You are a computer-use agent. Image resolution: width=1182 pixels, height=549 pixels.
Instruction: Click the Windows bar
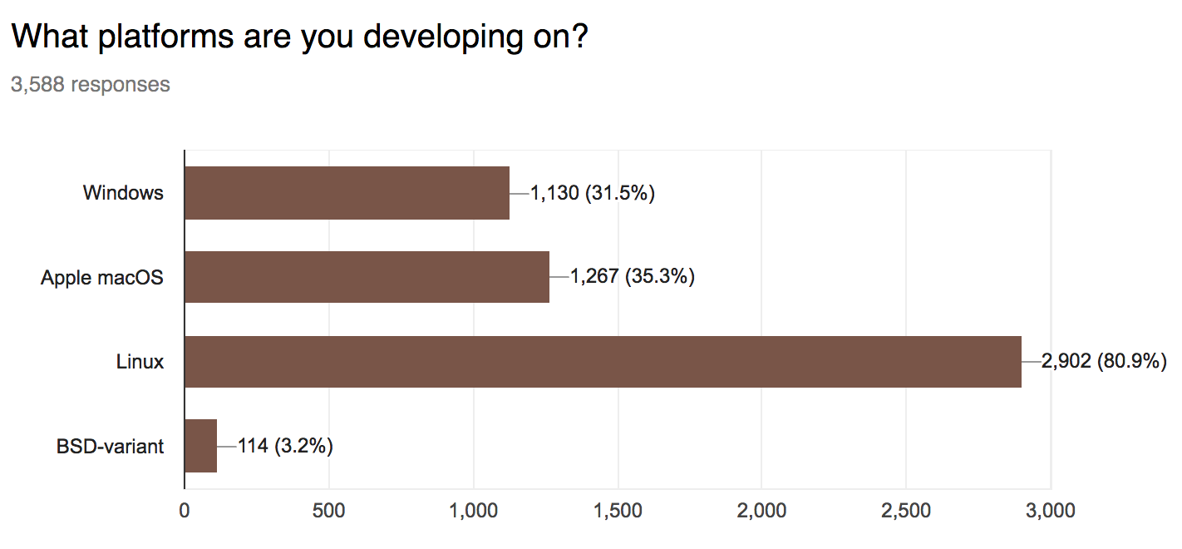point(347,193)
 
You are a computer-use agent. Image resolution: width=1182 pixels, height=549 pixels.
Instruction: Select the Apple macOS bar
point(367,277)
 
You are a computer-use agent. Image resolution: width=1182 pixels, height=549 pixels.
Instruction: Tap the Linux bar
point(603,362)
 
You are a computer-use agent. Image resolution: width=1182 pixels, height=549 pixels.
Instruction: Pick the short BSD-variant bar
point(200,446)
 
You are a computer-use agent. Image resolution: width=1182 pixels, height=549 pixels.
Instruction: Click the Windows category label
point(123,193)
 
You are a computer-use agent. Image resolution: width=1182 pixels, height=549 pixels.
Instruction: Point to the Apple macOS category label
point(102,277)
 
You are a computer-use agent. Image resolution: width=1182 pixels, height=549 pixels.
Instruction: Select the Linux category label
point(140,362)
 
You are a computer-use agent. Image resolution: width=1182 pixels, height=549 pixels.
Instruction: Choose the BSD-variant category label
point(110,446)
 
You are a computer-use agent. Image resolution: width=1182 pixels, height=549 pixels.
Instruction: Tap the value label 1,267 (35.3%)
point(632,277)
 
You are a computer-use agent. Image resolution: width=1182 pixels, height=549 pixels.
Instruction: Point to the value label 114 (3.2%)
point(285,446)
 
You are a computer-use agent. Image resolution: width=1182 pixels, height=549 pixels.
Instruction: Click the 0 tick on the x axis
point(185,510)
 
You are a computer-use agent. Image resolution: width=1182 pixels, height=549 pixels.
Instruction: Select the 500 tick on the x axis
point(329,510)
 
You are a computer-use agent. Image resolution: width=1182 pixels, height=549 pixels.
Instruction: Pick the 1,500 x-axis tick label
point(618,510)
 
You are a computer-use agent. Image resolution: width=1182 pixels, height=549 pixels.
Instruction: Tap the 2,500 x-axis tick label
point(906,510)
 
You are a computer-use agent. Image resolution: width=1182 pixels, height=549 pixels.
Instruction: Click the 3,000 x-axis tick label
point(1051,510)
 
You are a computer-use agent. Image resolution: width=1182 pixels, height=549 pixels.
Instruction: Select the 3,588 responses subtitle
point(90,84)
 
